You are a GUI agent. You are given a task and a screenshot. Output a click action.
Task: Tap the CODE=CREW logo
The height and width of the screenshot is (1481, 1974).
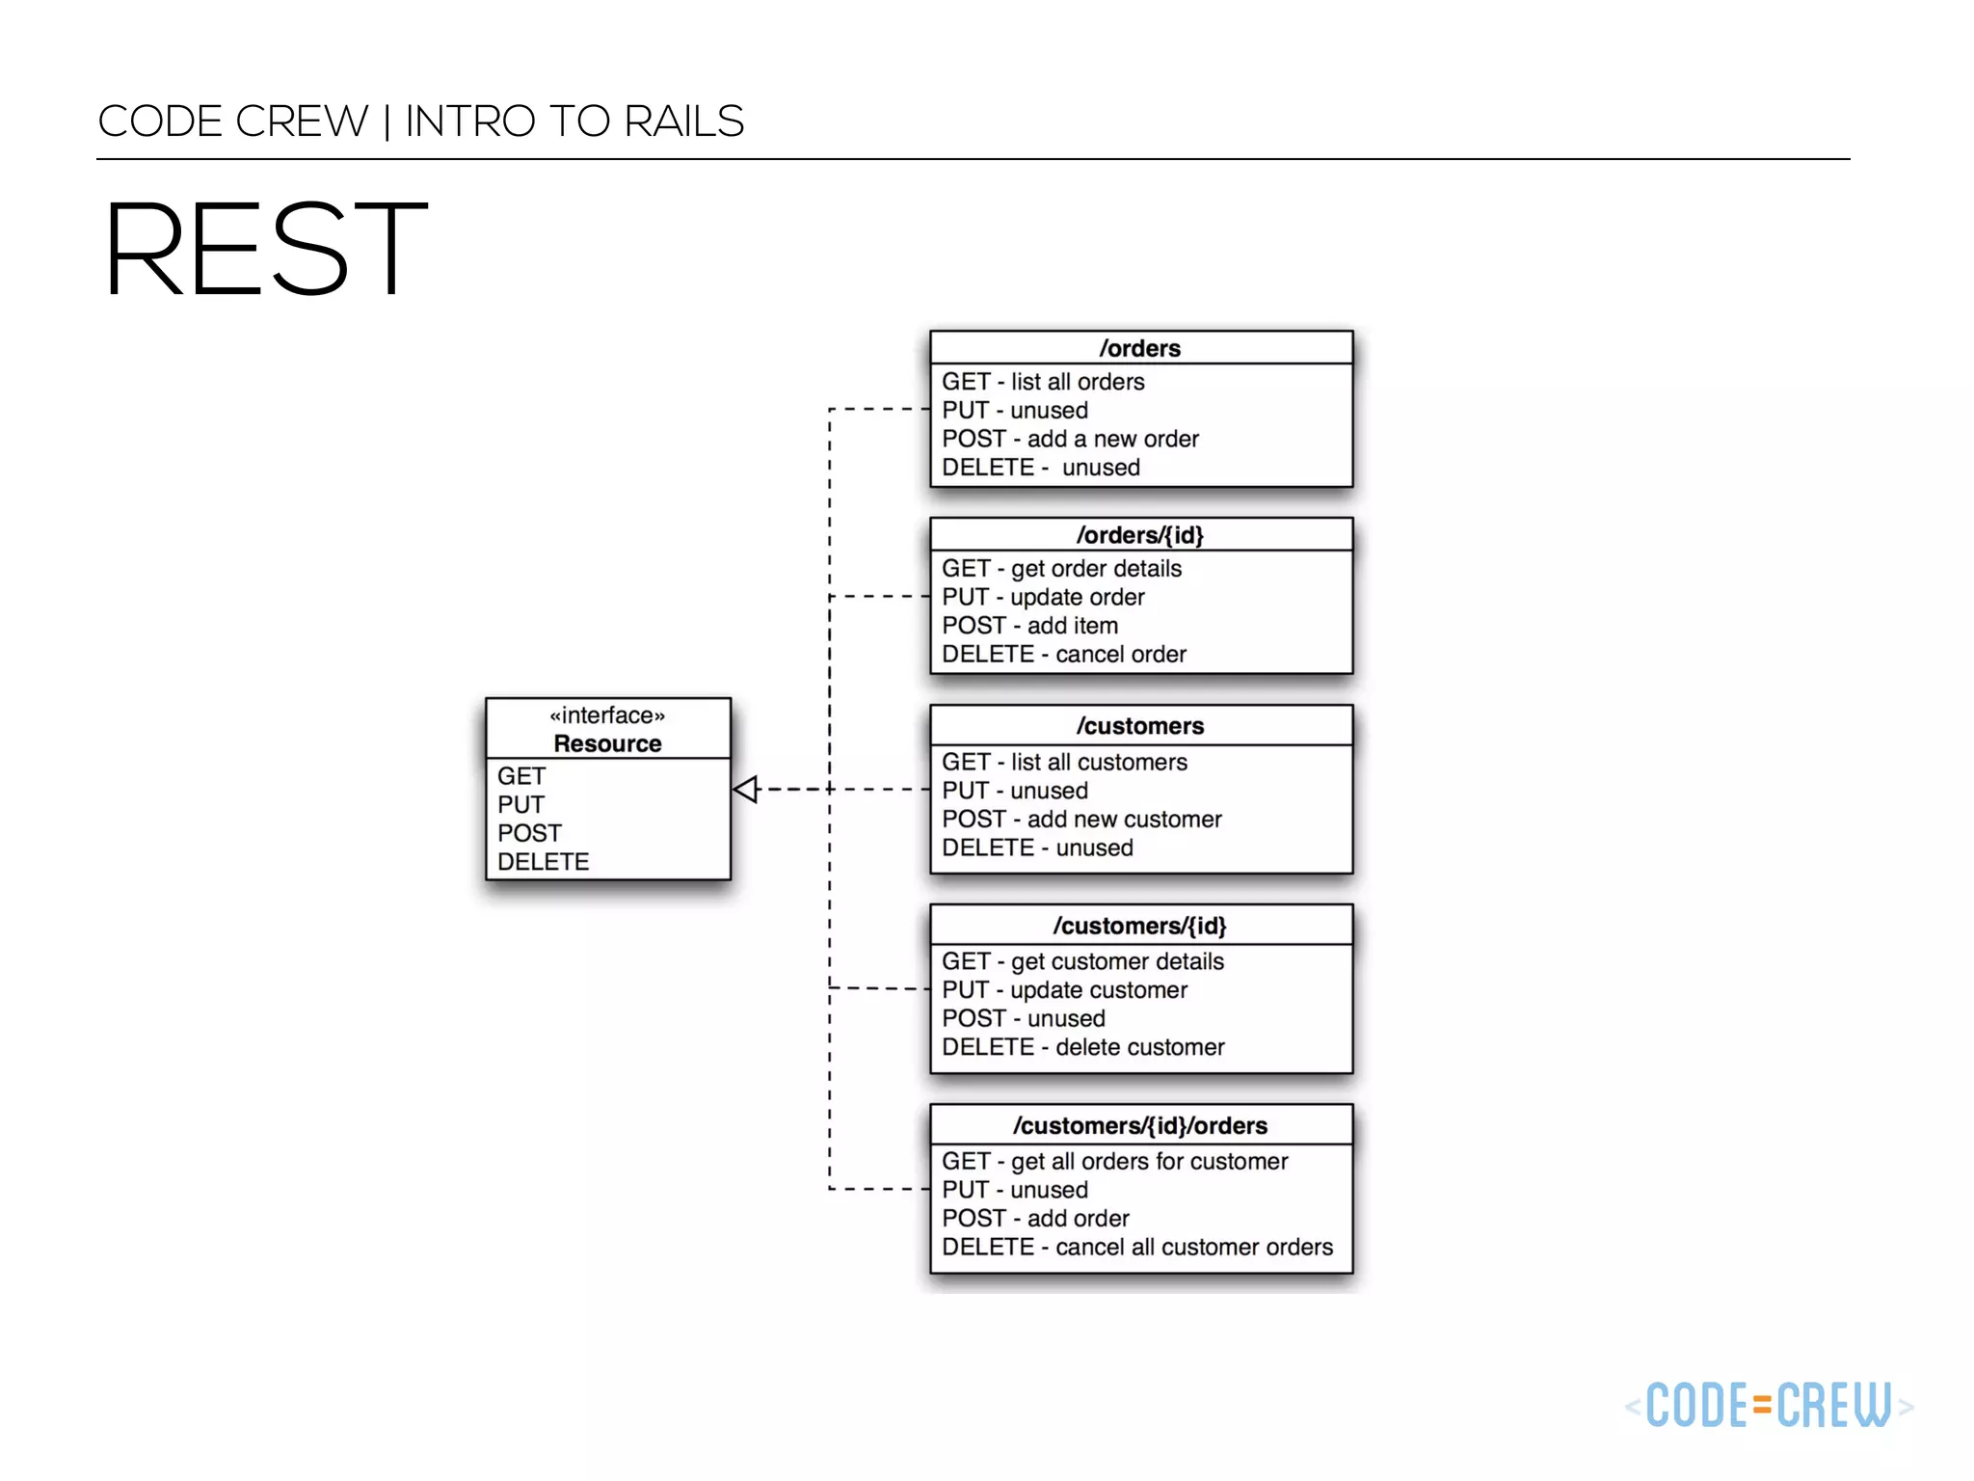pos(1769,1405)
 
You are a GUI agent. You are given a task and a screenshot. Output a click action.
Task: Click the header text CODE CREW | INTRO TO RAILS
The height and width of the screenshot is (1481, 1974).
pos(421,121)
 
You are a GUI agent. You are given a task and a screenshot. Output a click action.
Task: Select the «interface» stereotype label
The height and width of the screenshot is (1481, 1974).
pos(607,715)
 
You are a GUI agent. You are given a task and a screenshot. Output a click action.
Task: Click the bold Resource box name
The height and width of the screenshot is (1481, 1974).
pos(607,743)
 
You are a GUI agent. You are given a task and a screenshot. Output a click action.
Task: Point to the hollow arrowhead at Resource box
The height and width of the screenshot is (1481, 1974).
pos(746,790)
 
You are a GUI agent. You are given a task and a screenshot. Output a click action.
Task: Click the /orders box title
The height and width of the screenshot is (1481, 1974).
pos(1140,348)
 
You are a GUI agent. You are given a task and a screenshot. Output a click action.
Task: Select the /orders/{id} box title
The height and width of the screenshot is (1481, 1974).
pos(1140,535)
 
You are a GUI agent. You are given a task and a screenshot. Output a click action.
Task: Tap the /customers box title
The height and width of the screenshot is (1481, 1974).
pos(1140,726)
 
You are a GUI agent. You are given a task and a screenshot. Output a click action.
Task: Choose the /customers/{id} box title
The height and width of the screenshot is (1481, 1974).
pos(1140,926)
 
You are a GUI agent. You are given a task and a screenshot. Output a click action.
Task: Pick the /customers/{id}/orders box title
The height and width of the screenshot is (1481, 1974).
pos(1140,1125)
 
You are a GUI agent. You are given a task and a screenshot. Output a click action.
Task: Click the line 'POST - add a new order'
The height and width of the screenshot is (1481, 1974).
pos(1070,439)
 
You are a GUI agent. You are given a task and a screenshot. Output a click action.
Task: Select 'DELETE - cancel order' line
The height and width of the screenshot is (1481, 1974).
pos(1064,655)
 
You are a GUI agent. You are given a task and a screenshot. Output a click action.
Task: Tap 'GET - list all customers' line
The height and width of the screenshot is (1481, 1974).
pos(1064,763)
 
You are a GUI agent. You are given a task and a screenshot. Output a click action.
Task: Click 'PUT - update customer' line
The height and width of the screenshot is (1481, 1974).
pos(1064,990)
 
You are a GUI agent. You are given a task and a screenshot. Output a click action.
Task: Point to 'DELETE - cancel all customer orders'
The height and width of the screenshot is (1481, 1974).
pos(1137,1248)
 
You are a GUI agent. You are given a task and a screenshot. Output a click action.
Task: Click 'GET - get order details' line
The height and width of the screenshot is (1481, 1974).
pos(1061,569)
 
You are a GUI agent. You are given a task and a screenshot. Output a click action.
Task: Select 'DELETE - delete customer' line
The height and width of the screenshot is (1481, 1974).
pos(1083,1047)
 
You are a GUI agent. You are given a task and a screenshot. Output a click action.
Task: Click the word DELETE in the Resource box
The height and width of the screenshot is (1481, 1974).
pos(544,862)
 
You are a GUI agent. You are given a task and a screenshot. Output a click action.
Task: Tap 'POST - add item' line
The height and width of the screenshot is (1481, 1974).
pos(1029,626)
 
